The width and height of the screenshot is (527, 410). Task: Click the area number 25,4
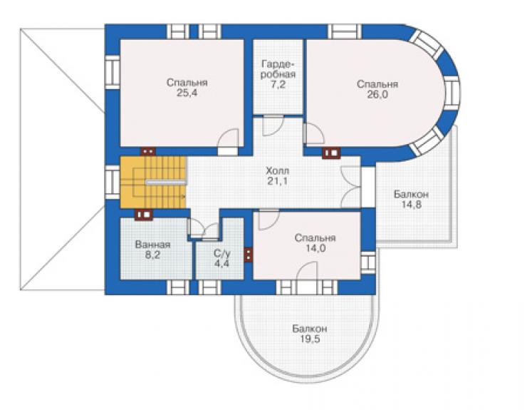(x=187, y=93)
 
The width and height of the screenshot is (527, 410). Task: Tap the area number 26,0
(x=377, y=95)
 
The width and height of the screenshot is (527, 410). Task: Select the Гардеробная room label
(x=278, y=69)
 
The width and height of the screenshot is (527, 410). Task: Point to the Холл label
(x=277, y=170)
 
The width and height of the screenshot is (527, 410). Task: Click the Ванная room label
(x=152, y=245)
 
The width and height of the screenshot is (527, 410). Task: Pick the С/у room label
(x=221, y=253)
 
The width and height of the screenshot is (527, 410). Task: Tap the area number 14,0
(x=315, y=248)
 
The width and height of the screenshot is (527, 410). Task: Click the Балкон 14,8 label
(x=412, y=199)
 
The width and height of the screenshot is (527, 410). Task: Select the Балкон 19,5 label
(x=310, y=334)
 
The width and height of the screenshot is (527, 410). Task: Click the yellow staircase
(x=153, y=182)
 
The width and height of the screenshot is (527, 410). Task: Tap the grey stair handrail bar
(x=166, y=183)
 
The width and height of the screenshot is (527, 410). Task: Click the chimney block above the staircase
(x=148, y=151)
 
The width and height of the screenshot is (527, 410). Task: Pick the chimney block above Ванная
(x=144, y=215)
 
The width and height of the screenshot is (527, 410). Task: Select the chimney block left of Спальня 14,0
(x=249, y=255)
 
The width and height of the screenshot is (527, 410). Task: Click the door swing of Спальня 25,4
(x=228, y=138)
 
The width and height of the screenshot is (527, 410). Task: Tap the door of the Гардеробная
(x=273, y=125)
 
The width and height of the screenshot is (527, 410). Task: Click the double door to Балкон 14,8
(x=351, y=187)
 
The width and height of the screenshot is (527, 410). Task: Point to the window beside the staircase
(x=113, y=182)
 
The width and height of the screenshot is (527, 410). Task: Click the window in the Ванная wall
(x=178, y=287)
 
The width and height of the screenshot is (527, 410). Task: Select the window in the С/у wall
(x=209, y=287)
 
